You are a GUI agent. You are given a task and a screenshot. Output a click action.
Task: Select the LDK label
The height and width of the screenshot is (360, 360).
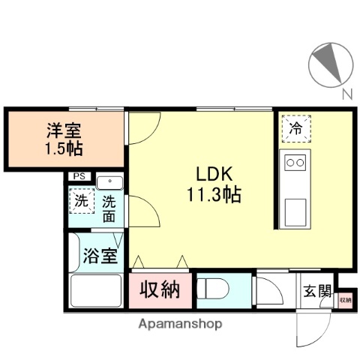(203, 172)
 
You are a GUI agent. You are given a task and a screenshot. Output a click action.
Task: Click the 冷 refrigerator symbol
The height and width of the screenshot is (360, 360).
(296, 128)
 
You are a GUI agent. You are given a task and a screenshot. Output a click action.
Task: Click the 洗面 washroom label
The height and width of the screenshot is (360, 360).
(110, 208)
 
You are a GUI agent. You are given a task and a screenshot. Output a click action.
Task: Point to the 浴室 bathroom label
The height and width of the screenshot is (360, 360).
(99, 256)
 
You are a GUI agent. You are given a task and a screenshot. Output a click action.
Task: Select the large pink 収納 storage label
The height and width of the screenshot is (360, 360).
(160, 289)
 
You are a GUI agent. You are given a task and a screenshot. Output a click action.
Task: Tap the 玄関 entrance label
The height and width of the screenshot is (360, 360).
(316, 291)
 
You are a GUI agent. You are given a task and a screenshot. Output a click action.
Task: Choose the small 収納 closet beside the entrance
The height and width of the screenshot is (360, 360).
(344, 300)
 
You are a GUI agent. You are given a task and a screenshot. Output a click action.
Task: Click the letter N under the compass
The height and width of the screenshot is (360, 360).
(346, 94)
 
